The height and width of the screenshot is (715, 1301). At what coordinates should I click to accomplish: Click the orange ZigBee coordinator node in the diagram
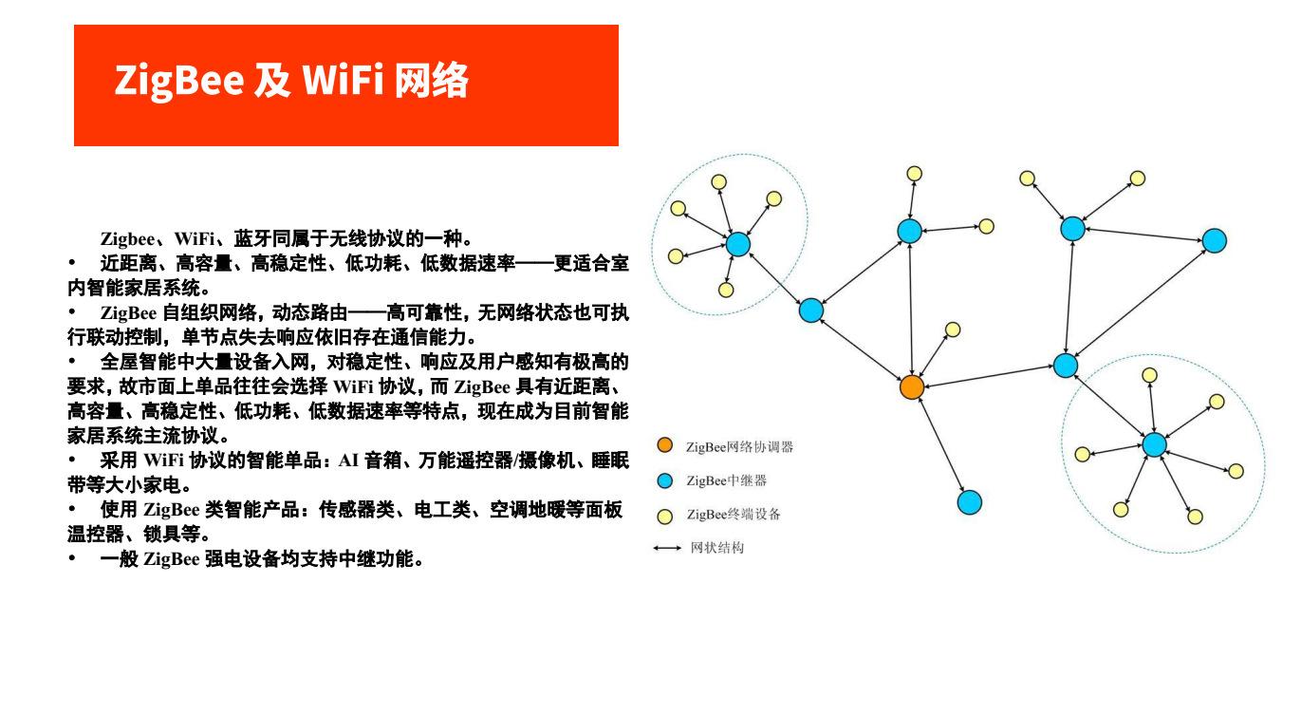[912, 387]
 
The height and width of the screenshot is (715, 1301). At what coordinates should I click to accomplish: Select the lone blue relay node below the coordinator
[970, 502]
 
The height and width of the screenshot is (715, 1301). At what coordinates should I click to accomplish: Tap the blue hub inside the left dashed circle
[738, 244]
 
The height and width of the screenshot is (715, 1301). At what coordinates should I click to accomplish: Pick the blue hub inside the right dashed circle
[1154, 444]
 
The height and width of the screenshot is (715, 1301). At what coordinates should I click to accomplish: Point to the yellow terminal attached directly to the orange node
[953, 329]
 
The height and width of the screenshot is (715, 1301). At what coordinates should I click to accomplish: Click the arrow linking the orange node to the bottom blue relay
[941, 444]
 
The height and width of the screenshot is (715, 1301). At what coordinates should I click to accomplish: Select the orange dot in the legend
[664, 445]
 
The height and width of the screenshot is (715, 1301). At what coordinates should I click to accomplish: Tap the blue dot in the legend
[664, 480]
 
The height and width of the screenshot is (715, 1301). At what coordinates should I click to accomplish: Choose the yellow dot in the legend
[664, 517]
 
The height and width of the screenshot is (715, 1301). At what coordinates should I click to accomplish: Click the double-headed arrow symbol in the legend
[667, 548]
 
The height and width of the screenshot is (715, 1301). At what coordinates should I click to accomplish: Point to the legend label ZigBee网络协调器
[739, 447]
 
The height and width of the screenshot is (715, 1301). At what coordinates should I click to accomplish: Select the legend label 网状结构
[716, 548]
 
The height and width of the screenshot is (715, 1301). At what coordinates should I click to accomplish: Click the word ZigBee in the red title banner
[179, 80]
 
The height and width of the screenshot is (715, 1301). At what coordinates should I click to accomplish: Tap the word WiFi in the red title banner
[343, 79]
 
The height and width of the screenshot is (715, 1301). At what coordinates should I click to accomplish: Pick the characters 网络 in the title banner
[432, 80]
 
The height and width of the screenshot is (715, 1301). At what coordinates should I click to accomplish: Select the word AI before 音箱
[348, 461]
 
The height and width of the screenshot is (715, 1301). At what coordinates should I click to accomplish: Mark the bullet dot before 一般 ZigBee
[72, 558]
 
